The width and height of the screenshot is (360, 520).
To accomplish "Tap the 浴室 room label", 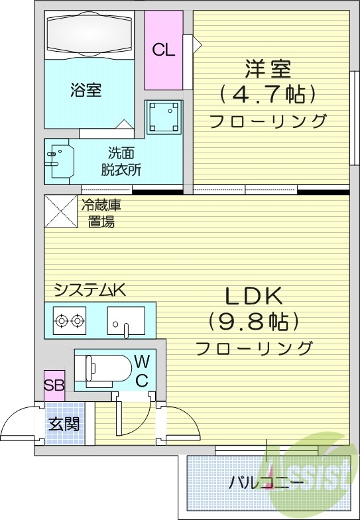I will pos(86,90).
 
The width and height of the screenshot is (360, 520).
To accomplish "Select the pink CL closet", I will pos(163,50).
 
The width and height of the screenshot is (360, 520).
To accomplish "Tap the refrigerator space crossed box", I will pos(60,211).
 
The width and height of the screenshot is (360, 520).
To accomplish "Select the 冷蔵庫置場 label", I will pos(101,214).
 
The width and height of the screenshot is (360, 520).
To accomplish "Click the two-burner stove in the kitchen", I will pos(70,321).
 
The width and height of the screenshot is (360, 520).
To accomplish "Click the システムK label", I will pos(90,290).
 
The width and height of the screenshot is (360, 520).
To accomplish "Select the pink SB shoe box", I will pos(54,385).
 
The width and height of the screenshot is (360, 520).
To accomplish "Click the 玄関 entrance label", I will pos(64,423).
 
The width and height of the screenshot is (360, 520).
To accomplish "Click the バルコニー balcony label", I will pos(267,483).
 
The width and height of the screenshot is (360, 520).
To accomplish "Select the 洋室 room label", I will pos(268,68).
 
